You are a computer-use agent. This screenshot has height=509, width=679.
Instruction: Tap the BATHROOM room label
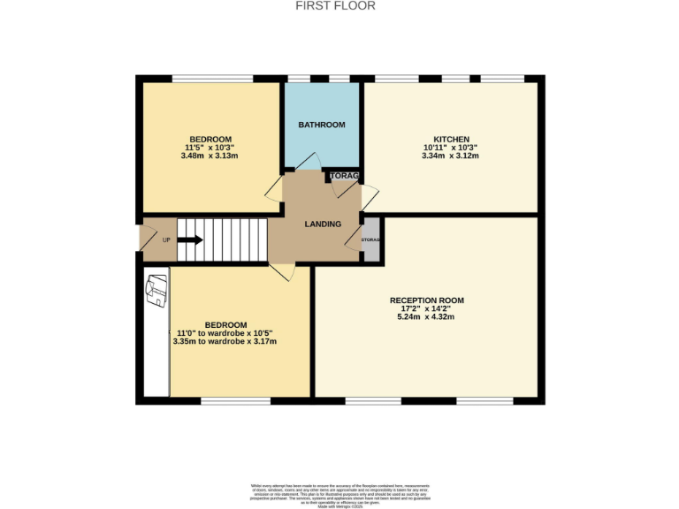(x=321, y=125)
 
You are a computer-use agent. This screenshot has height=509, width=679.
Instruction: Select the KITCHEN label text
(x=451, y=139)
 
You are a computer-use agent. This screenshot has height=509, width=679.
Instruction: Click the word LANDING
(x=323, y=224)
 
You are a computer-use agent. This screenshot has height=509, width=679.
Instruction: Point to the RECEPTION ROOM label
(x=426, y=300)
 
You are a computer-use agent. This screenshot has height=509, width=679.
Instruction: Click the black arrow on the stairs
(x=190, y=239)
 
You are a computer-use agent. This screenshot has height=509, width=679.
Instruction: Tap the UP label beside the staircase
(x=166, y=239)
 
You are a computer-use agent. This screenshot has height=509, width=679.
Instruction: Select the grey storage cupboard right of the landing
(x=370, y=239)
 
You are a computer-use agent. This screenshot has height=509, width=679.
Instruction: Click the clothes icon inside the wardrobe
(x=156, y=289)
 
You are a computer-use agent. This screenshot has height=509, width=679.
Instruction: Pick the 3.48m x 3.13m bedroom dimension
(x=209, y=156)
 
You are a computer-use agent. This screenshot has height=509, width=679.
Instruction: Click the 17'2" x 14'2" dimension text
(x=426, y=309)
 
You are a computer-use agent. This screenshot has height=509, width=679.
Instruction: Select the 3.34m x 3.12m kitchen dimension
(x=451, y=156)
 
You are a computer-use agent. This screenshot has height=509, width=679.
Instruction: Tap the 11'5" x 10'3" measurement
(x=209, y=148)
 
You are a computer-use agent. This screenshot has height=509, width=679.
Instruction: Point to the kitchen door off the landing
(x=369, y=197)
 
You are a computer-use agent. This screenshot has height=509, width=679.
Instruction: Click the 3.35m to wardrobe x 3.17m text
(x=225, y=342)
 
